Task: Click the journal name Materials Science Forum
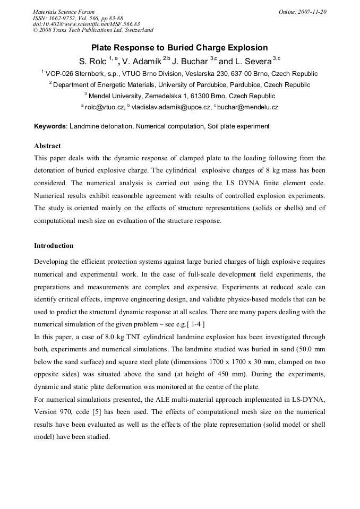64,11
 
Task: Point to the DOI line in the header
86,24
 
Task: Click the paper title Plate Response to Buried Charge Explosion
179,48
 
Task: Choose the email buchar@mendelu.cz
248,107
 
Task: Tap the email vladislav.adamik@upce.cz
170,107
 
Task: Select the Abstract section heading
47,146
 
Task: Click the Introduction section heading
54,246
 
